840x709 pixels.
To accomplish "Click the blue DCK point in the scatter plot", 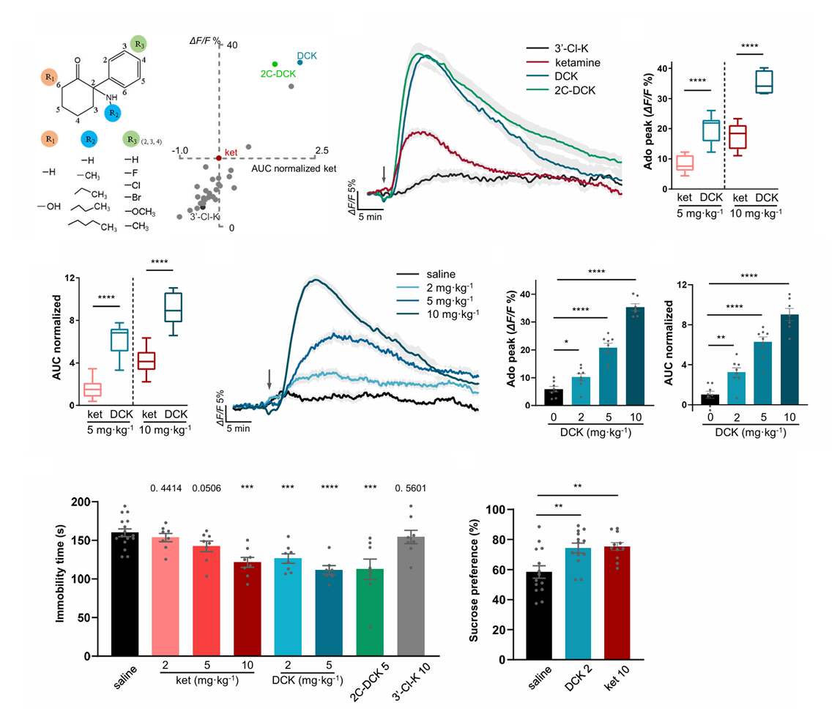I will coord(300,63).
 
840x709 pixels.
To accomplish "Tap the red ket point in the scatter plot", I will coord(219,157).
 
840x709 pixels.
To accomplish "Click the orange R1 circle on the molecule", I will coord(50,77).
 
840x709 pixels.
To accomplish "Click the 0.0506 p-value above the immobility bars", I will coord(209,487).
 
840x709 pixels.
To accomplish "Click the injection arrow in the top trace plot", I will coord(383,174).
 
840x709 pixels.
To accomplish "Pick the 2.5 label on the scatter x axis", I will coord(321,150).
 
